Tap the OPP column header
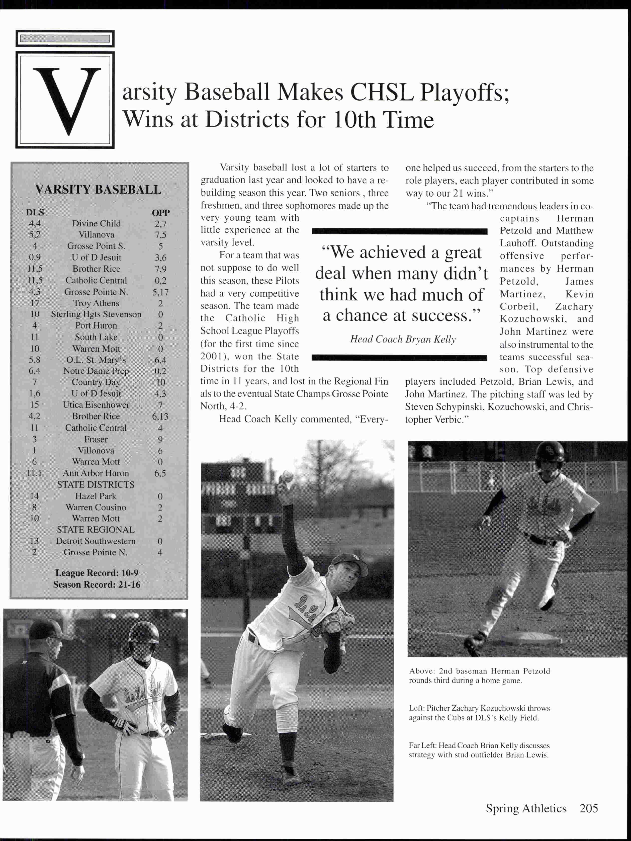pyautogui.click(x=160, y=213)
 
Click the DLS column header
pyautogui.click(x=35, y=213)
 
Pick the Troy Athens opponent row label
pyautogui.click(x=96, y=303)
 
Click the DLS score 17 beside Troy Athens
pyautogui.click(x=35, y=303)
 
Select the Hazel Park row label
pyautogui.click(x=96, y=496)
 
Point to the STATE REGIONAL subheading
pyautogui.click(x=96, y=530)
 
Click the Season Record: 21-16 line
pyautogui.click(x=97, y=584)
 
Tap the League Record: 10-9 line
pyautogui.click(x=97, y=573)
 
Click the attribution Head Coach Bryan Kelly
pyautogui.click(x=403, y=339)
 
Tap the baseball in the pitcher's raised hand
pyautogui.click(x=288, y=476)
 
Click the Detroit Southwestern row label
pyautogui.click(x=96, y=541)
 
